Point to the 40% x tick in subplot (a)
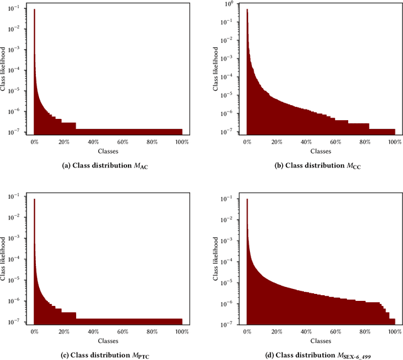tap(93, 143)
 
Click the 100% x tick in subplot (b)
tap(394, 143)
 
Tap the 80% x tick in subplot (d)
tap(365, 332)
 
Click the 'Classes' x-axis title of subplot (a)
tap(108, 152)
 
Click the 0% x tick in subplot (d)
tap(247, 332)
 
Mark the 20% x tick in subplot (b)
tap(277, 143)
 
